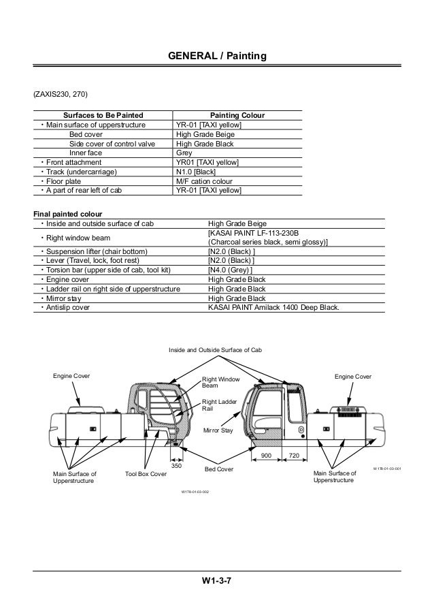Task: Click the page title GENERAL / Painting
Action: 217,55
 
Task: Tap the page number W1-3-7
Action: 216,581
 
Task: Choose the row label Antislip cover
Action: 68,307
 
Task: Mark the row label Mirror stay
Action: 64,298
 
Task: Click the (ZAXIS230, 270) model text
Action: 60,93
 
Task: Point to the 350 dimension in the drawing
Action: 176,464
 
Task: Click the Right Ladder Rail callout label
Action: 218,406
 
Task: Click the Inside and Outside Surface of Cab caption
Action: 215,349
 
